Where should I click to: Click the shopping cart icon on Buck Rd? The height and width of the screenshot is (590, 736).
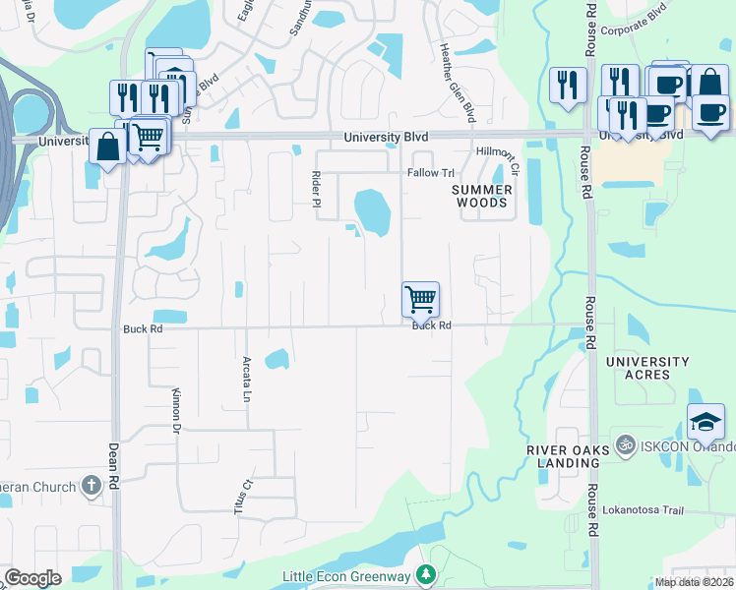coord(420,298)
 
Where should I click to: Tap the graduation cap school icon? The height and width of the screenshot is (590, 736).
coord(705,422)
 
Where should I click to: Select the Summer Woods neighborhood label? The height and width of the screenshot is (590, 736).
coord(483,196)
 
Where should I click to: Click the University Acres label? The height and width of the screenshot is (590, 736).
coord(647,368)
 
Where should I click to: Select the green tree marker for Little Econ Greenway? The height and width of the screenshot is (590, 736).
coord(426,574)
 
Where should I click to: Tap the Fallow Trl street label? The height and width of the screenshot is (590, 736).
coord(428,172)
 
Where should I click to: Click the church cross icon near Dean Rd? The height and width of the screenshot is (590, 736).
coord(91,485)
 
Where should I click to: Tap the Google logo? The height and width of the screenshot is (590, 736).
coord(32,578)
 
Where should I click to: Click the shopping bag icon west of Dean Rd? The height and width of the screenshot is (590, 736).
coord(106,147)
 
